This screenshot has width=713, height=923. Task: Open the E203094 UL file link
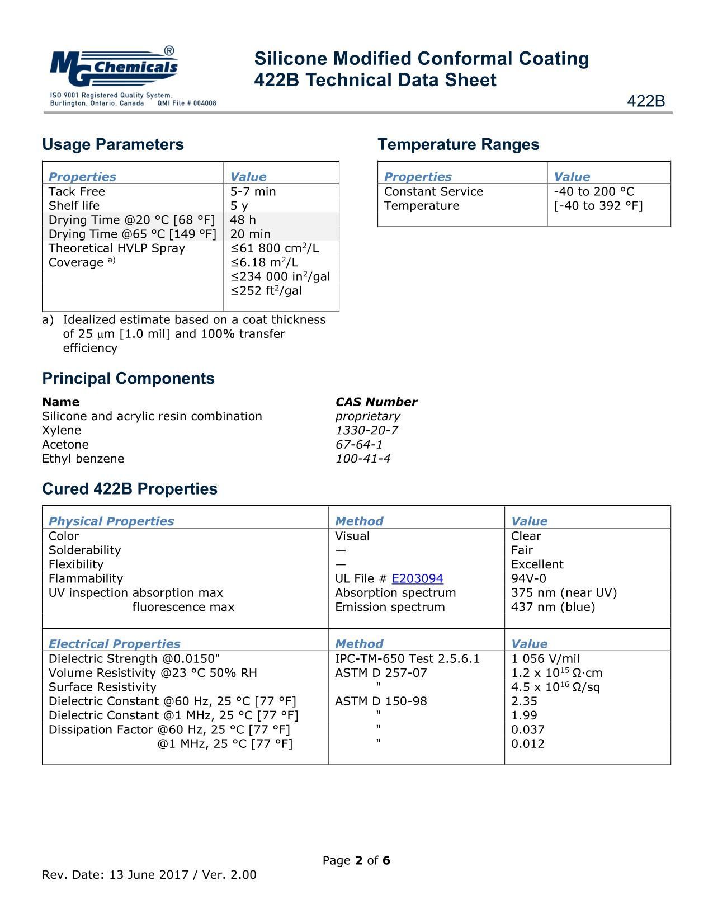pyautogui.click(x=417, y=578)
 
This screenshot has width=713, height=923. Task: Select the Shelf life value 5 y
pyautogui.click(x=239, y=205)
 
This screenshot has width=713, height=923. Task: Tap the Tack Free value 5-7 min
pyautogui.click(x=253, y=191)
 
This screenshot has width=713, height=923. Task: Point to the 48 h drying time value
pyautogui.click(x=243, y=220)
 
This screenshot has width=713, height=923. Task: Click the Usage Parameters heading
pyautogui.click(x=113, y=144)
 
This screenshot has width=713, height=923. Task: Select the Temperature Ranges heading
pyautogui.click(x=459, y=144)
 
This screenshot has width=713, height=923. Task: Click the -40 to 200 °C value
pyautogui.click(x=594, y=191)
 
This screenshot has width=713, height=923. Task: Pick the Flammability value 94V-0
pyautogui.click(x=528, y=578)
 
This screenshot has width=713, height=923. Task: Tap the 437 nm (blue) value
pyautogui.click(x=553, y=607)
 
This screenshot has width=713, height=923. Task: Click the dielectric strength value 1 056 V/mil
pyautogui.click(x=545, y=658)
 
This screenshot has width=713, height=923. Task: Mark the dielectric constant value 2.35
pyautogui.click(x=524, y=701)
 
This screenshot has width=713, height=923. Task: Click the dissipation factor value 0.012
pyautogui.click(x=527, y=743)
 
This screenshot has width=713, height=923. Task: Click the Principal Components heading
pyautogui.click(x=128, y=378)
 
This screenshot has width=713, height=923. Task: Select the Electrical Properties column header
pyautogui.click(x=114, y=644)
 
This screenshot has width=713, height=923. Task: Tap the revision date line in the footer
pyautogui.click(x=149, y=875)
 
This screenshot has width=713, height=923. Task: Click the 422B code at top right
pyautogui.click(x=646, y=101)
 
